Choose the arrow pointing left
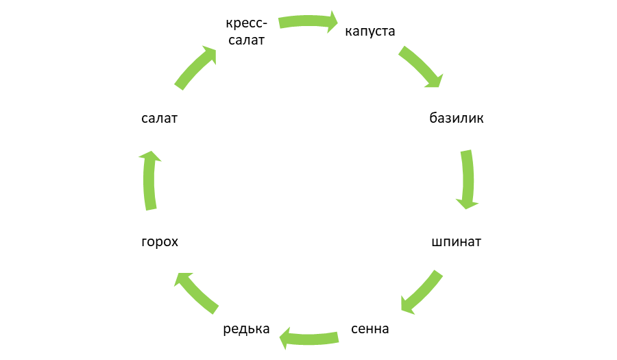(x=308, y=337)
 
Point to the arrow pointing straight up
(x=150, y=180)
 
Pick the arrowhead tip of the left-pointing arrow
(x=278, y=337)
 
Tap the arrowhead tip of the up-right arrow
(x=217, y=47)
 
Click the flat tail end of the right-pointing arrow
(x=278, y=23)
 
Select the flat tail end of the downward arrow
(x=466, y=149)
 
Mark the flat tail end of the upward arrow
(x=151, y=210)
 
